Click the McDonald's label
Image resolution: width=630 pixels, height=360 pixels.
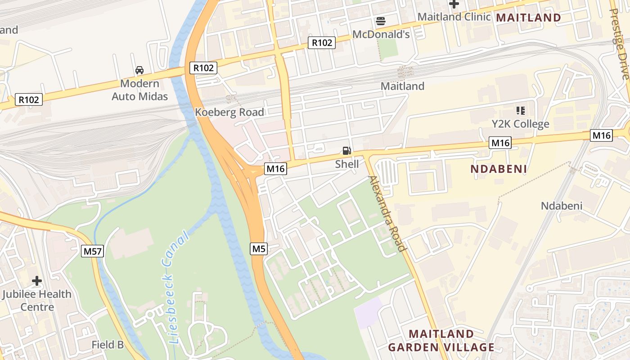381,34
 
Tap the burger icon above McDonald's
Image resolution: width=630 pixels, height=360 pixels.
381,21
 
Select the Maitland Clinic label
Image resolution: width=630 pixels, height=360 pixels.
454,17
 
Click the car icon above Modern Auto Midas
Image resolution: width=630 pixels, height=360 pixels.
139,70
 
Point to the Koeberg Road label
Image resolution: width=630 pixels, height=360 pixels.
229,112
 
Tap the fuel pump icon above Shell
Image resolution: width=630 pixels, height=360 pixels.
346,151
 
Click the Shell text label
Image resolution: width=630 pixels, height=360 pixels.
347,164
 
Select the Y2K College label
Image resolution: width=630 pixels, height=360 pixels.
520,124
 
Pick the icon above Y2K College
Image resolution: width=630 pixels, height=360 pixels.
521,110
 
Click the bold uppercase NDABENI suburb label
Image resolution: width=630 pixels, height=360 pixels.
498,169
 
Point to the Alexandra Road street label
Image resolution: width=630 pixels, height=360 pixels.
387,213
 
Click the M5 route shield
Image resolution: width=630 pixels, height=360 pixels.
259,249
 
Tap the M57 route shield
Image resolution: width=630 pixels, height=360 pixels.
93,251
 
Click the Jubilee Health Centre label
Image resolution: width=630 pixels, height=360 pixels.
37,301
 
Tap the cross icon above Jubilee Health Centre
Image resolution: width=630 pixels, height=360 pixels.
37,281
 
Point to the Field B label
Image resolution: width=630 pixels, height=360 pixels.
108,345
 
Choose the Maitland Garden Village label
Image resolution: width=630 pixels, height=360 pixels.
441,341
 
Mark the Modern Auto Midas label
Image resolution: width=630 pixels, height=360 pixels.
139,90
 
